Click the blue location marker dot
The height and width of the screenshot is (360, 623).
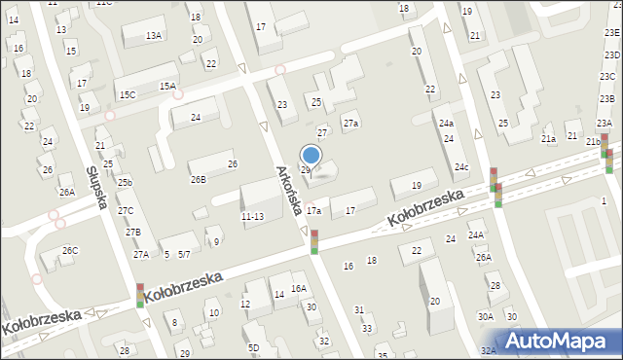[x=311, y=154]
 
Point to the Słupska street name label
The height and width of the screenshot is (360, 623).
[x=95, y=185]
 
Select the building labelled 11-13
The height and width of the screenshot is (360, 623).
[x=252, y=216]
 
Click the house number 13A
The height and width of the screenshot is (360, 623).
[x=154, y=35]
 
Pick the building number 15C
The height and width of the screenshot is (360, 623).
[x=128, y=94]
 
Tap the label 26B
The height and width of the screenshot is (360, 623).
[x=199, y=179]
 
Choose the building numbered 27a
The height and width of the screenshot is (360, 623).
[x=350, y=124]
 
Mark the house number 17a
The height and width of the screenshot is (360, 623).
[x=313, y=210]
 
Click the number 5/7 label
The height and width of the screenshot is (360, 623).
[x=184, y=255]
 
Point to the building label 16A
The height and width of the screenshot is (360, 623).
[x=299, y=288]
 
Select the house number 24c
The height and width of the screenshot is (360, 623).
[x=460, y=167]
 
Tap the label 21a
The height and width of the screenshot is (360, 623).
[x=549, y=139]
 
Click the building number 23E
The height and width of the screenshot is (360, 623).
[x=611, y=32]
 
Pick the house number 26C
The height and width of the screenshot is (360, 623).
[x=70, y=251]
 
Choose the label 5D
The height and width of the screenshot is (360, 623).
[x=253, y=347]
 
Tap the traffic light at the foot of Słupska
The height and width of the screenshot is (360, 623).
[x=140, y=295]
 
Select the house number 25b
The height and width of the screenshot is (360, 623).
[x=125, y=182]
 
